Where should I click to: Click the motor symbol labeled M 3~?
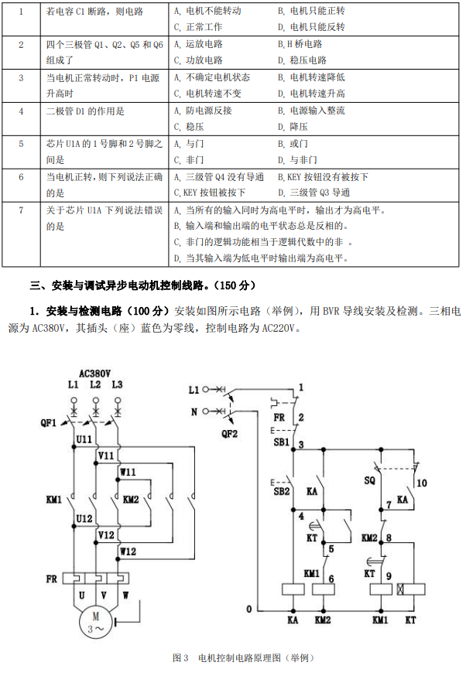(x=96, y=623)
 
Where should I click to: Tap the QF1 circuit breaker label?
(x=49, y=422)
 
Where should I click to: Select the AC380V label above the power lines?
(x=95, y=372)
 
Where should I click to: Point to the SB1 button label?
(x=281, y=442)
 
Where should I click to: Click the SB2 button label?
(x=281, y=490)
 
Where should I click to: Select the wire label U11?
(x=84, y=439)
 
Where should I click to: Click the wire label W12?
(x=128, y=551)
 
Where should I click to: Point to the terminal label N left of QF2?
(x=194, y=411)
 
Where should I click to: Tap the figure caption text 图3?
(x=180, y=657)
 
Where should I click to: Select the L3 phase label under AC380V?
(x=117, y=384)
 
